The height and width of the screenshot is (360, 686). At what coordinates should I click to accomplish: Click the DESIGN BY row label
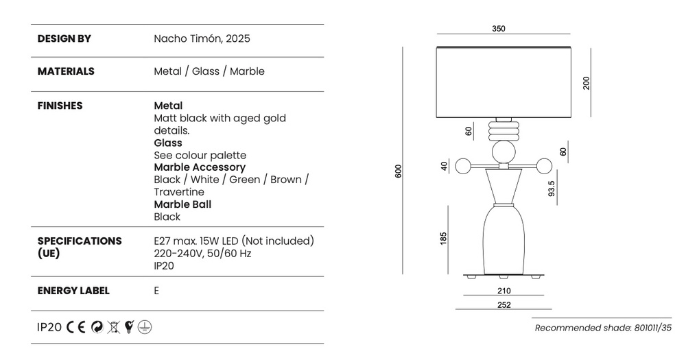pos(64,38)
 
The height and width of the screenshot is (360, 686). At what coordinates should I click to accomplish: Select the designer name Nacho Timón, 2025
pos(202,38)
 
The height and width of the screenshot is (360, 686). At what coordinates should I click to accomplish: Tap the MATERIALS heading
pos(66,71)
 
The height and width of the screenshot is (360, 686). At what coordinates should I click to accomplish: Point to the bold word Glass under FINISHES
pos(168,143)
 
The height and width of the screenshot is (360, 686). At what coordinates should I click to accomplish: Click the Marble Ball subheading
pos(182,204)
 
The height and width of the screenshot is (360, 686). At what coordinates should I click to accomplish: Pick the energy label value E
pos(156,291)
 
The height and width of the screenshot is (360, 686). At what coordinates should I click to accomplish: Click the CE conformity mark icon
pos(76,327)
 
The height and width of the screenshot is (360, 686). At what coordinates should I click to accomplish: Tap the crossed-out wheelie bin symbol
pos(114,327)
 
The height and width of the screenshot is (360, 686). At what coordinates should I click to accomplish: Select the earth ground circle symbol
pos(145,327)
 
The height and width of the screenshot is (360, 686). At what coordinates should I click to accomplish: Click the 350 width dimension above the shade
pos(499,29)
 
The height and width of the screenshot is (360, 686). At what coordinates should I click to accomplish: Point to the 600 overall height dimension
pos(398,171)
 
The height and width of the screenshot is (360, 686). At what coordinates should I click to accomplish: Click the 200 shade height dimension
pos(587,83)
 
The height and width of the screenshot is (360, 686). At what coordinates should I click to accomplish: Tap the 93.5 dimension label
pos(552,189)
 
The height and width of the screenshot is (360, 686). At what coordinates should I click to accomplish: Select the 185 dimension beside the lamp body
pos(443,239)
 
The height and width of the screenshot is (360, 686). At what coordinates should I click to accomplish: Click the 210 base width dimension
pos(504,291)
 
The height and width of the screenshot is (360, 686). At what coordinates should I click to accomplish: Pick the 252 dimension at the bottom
pos(504,305)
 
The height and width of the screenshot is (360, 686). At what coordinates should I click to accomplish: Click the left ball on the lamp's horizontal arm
pos(463,166)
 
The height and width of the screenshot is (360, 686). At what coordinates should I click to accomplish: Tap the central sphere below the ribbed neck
pos(504,153)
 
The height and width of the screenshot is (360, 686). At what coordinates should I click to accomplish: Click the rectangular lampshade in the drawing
pos(504,82)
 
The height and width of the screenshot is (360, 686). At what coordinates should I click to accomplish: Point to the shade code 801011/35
pos(653,328)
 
